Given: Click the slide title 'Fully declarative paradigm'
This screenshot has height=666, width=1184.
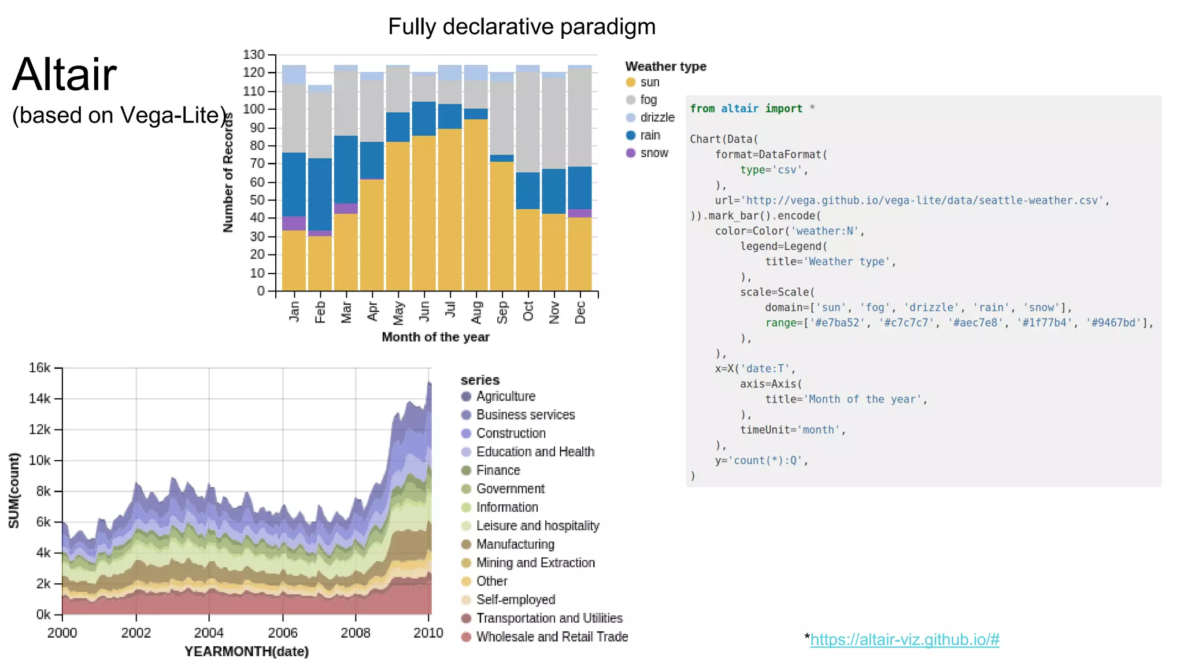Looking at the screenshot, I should (521, 27).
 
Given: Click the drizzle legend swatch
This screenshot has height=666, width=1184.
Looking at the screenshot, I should (631, 117).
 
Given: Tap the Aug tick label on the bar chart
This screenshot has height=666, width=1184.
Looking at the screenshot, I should (476, 312).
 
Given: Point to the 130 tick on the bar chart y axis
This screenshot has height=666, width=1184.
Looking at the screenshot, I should (254, 55).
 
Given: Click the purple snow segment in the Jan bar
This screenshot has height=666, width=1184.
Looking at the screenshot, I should (294, 223).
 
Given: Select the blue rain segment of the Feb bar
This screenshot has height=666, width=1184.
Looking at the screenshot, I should (320, 194).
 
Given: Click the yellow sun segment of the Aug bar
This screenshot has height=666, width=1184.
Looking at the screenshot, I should (476, 202).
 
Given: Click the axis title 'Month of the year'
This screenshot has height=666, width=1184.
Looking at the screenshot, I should (435, 337).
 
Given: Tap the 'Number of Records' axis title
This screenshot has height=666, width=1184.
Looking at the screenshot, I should (228, 172).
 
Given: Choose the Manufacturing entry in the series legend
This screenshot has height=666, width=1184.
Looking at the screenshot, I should (515, 544).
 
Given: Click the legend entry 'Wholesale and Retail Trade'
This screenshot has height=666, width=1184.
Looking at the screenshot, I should (552, 637).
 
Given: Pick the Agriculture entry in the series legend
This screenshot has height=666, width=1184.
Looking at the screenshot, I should (505, 396).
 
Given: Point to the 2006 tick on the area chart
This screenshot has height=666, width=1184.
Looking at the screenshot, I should (283, 632).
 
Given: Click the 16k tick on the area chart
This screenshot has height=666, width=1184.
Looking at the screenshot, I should (39, 368).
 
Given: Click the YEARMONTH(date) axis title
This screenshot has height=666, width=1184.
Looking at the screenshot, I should (246, 652).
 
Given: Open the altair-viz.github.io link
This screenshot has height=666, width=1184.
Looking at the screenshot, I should (904, 639).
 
